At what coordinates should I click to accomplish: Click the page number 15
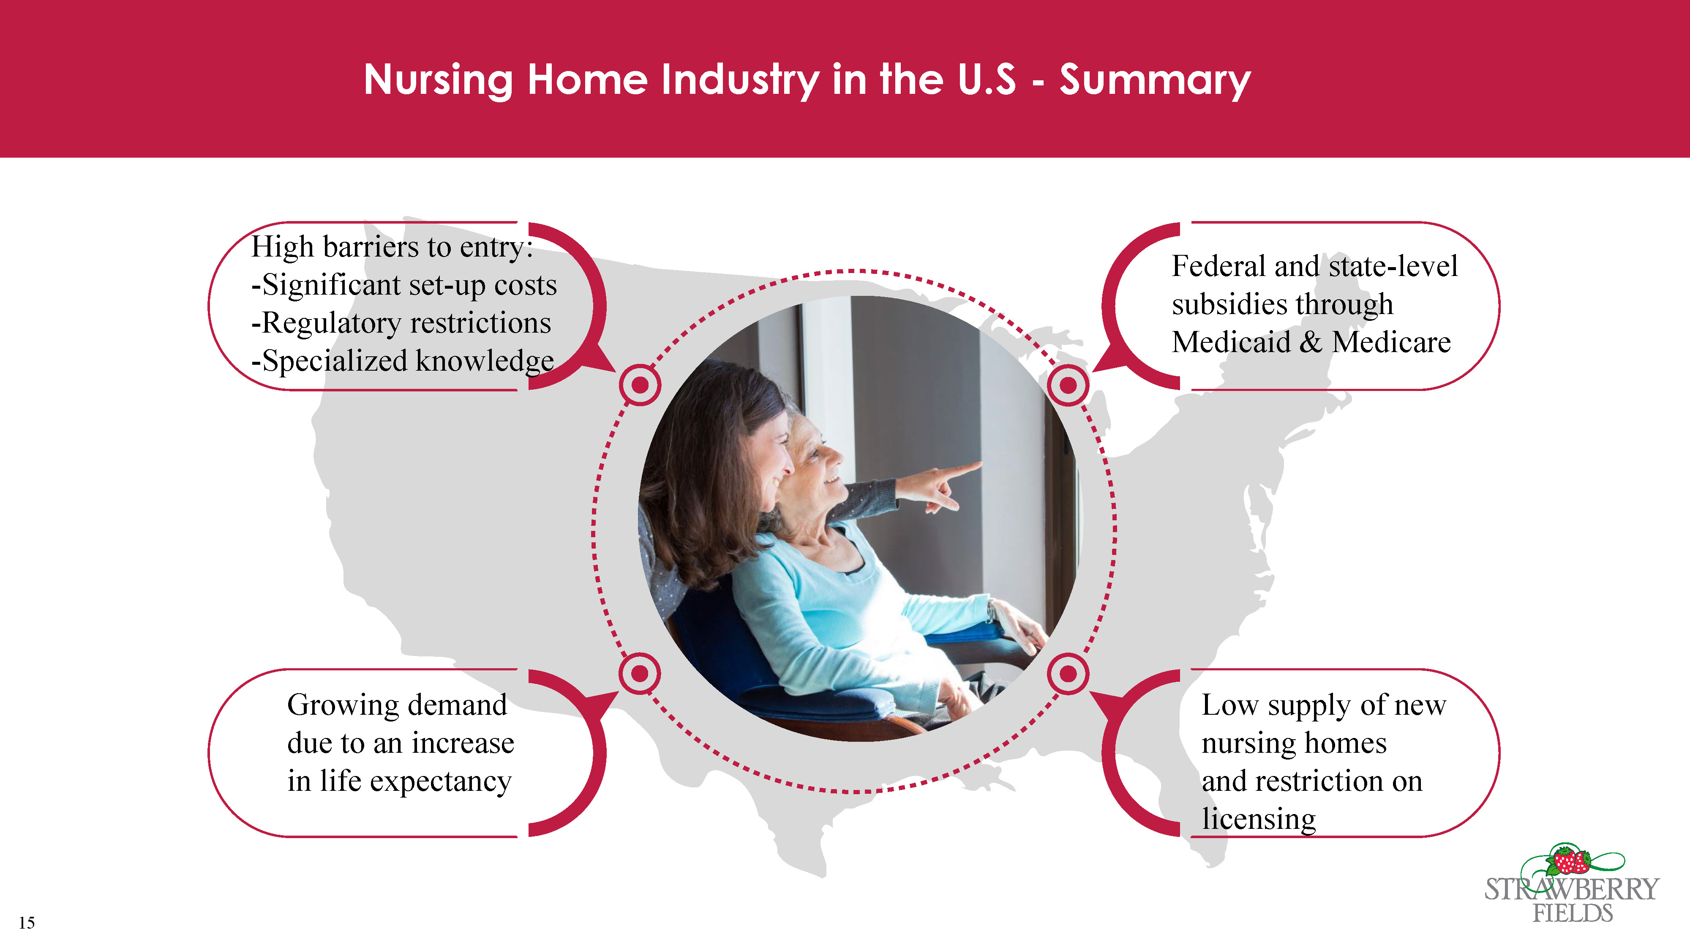click(x=27, y=923)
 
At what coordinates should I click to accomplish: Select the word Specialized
click(x=335, y=362)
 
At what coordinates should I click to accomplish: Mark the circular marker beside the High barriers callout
click(x=640, y=385)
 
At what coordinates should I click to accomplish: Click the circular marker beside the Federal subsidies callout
click(x=1068, y=385)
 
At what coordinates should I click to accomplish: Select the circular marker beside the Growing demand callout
click(x=640, y=673)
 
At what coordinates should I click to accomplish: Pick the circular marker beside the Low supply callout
click(x=1068, y=673)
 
